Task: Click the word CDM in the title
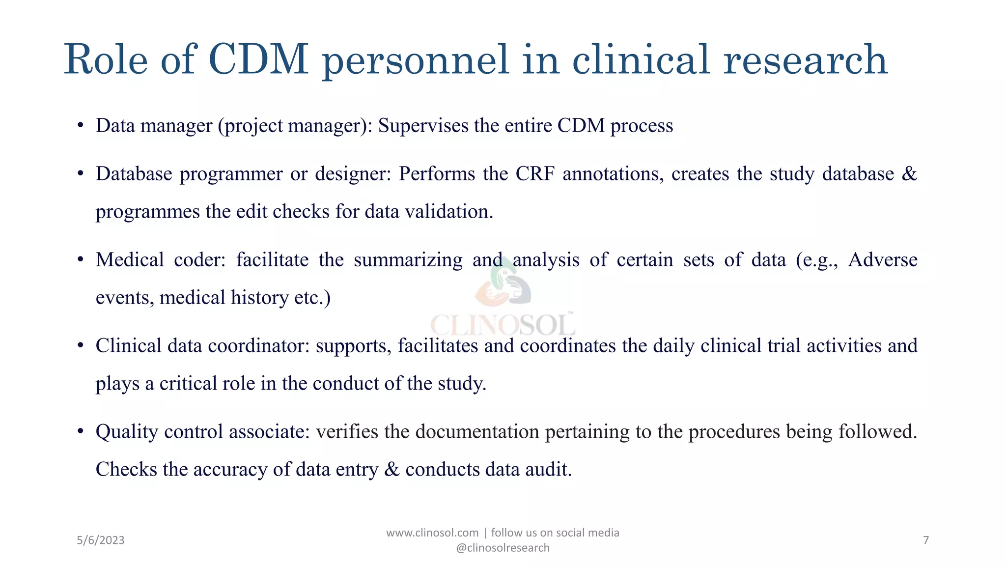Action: (x=258, y=59)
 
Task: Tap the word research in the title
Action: (x=805, y=59)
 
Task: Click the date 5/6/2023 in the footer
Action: (x=101, y=540)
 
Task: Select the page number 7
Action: (x=926, y=540)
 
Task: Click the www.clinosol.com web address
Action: (x=432, y=533)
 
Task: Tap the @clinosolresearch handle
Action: (x=503, y=548)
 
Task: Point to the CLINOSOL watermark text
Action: (x=503, y=325)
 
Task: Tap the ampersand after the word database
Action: (x=909, y=174)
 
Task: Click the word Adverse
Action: (x=882, y=260)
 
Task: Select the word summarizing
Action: (x=408, y=260)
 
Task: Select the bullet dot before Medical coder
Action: (x=80, y=260)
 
